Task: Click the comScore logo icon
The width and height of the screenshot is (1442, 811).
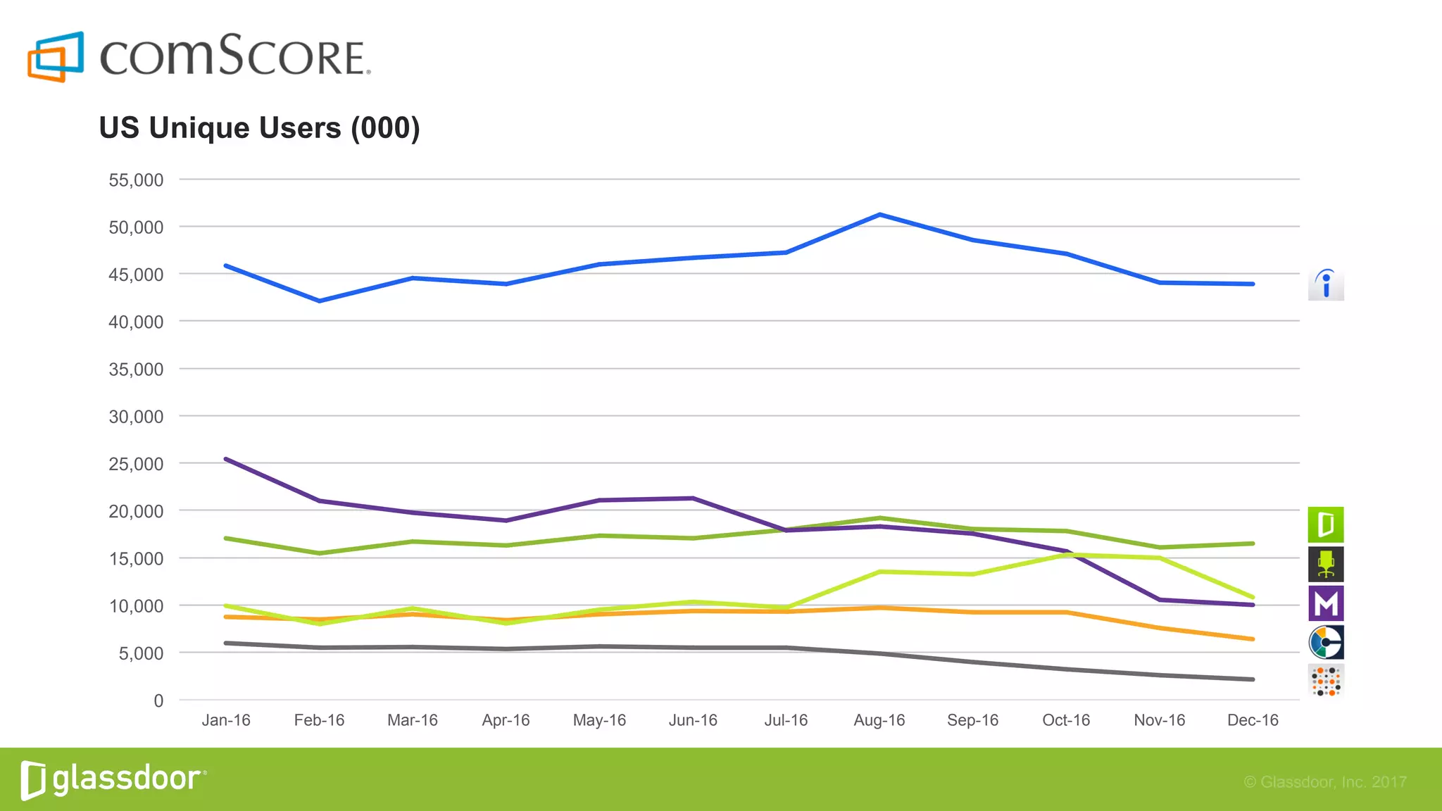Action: [56, 56]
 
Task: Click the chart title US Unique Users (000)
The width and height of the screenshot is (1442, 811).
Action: [259, 128]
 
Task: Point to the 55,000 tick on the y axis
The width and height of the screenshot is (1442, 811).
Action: [136, 180]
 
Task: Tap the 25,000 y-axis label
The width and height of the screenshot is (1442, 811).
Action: [136, 464]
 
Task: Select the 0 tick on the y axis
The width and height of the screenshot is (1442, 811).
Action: [158, 700]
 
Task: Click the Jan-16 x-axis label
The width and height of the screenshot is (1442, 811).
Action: [226, 720]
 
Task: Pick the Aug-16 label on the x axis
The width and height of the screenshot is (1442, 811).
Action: [879, 720]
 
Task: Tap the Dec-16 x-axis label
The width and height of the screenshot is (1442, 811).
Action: [1253, 720]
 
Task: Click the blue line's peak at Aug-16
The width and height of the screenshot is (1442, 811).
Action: [880, 214]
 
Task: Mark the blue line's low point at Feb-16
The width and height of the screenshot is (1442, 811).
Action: [320, 301]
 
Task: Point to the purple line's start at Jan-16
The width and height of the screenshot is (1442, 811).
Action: [226, 459]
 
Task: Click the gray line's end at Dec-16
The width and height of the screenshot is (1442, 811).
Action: [1253, 679]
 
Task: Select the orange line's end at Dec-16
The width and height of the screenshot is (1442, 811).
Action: [1253, 639]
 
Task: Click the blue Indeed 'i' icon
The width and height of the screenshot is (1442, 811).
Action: [1326, 284]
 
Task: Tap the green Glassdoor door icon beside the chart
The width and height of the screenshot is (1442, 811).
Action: [1326, 524]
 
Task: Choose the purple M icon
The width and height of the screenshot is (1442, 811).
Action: [1326, 603]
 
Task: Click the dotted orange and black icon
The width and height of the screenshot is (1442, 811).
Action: [1326, 681]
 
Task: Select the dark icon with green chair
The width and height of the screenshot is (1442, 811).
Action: [1326, 564]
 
